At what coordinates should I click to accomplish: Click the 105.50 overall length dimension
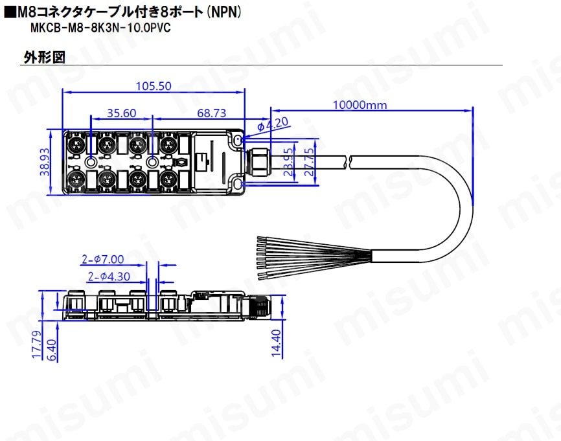154,86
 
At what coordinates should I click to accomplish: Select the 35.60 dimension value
122,113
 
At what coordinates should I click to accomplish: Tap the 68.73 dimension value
212,113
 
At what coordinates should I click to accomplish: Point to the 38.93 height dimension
45,162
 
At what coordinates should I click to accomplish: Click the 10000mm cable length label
360,105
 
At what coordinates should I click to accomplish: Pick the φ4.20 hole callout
273,124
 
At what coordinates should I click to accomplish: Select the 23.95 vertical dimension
289,162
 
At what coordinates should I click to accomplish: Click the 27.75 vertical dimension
309,162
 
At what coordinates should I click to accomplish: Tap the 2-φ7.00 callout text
103,259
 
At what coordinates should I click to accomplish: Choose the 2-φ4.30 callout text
109,277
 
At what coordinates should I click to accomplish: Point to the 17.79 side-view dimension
37,344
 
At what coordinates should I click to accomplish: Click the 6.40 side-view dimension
52,350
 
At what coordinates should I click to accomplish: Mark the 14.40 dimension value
276,343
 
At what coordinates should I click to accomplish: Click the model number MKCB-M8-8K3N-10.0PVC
100,28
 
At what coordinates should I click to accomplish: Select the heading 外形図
44,57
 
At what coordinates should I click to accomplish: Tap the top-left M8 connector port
76,145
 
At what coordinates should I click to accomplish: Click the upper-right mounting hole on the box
237,139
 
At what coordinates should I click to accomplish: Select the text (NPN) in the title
225,12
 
